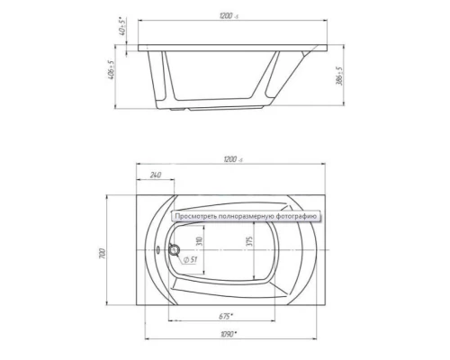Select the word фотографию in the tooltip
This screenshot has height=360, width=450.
point(296,217)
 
